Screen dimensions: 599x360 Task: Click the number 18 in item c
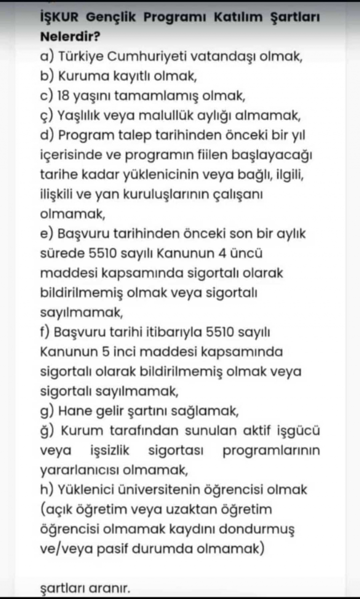pyautogui.click(x=63, y=96)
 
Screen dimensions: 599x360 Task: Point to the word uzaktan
pyautogui.click(x=189, y=509)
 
